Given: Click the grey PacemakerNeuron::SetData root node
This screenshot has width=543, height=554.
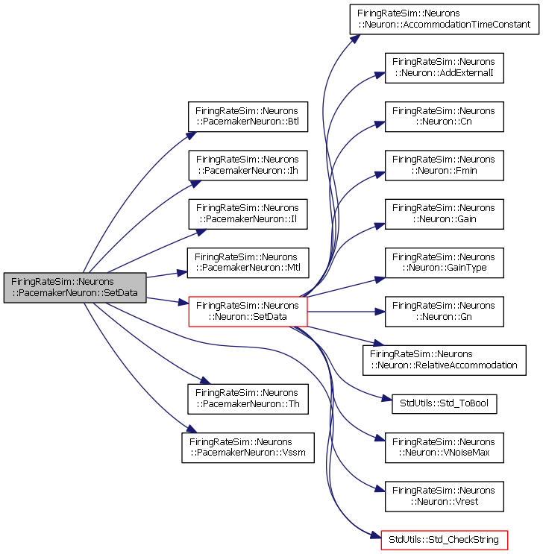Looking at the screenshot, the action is [75, 287].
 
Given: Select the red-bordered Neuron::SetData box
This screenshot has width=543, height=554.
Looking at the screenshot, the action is [248, 311].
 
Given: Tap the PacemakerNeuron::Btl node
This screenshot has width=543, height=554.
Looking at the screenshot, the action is [248, 116].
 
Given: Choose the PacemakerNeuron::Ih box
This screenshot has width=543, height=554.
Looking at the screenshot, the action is [248, 166].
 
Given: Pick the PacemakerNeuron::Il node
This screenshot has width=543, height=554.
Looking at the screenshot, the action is [248, 214].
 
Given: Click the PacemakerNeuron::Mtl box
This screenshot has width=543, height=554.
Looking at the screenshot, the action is [248, 262].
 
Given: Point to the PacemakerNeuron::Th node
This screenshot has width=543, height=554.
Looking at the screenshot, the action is [248, 399].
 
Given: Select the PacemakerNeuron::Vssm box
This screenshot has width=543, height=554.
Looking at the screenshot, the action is [248, 447].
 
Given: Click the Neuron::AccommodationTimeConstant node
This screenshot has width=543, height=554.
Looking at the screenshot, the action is [444, 19].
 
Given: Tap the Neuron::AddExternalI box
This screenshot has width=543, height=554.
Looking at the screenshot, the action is [444, 68].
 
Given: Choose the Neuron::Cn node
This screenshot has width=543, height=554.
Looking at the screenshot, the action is [444, 116].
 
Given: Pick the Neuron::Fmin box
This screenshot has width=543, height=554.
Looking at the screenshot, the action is [444, 166].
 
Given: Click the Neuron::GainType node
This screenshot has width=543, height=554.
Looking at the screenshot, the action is [444, 262].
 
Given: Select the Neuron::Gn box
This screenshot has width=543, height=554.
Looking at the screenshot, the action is [444, 311].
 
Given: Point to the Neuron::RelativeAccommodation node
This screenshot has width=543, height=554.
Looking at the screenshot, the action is [444, 360].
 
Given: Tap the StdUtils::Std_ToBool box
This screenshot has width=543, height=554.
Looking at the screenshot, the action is [444, 404].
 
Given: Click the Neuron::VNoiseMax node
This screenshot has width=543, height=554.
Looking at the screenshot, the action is [444, 447].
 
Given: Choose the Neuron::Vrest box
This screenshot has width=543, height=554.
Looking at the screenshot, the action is [444, 497].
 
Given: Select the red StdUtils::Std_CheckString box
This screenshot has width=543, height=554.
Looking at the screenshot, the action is [444, 541].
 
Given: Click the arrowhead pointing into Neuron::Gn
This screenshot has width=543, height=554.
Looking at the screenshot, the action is [380, 312].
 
